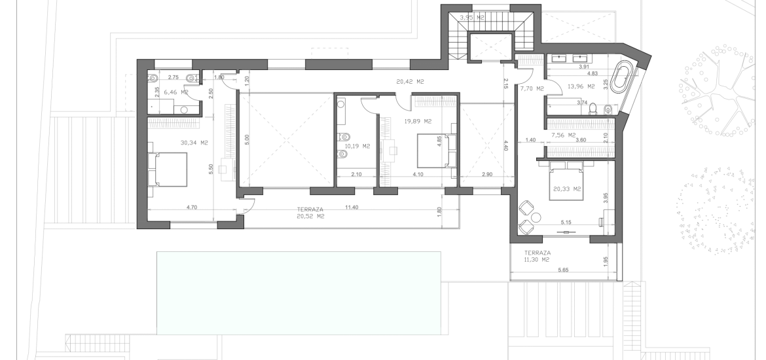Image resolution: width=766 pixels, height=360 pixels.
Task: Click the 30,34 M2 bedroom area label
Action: tap(194, 143)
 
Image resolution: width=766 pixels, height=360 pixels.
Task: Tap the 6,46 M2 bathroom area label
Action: tap(176, 92)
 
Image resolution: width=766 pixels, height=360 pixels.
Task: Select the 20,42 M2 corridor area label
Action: tap(410, 82)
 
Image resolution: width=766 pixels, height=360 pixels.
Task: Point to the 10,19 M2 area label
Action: tap(357, 146)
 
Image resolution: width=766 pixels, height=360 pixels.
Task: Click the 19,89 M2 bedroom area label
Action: tap(418, 121)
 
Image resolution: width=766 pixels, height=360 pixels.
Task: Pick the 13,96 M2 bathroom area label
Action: tap(581, 86)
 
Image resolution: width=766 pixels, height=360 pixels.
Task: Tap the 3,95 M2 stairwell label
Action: tap(472, 18)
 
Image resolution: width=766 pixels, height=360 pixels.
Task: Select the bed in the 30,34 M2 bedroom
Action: tap(168, 169)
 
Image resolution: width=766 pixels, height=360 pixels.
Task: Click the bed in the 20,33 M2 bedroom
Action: tap(566, 181)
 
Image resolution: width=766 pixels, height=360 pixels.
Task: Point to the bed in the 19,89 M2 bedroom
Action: tap(435, 151)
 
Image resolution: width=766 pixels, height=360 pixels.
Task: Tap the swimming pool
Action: tap(299, 293)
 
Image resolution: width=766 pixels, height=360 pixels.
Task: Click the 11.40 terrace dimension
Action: tap(351, 207)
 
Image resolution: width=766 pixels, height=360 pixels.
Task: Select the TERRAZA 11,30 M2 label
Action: tap(538, 257)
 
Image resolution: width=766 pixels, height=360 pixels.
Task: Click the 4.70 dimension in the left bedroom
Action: tap(191, 207)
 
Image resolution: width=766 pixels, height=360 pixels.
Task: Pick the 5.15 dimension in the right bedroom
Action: tap(566, 223)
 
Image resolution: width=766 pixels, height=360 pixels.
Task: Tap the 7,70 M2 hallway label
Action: tap(532, 89)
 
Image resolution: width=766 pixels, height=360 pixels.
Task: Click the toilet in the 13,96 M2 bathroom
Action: tap(593, 109)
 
